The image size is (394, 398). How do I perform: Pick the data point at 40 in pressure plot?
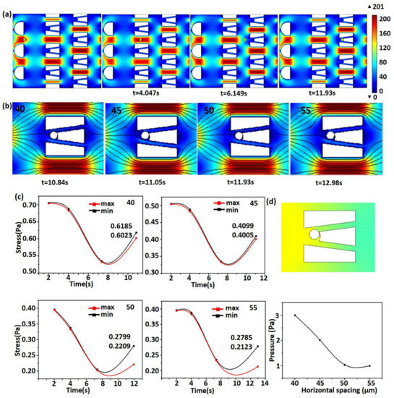coord(295,315)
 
